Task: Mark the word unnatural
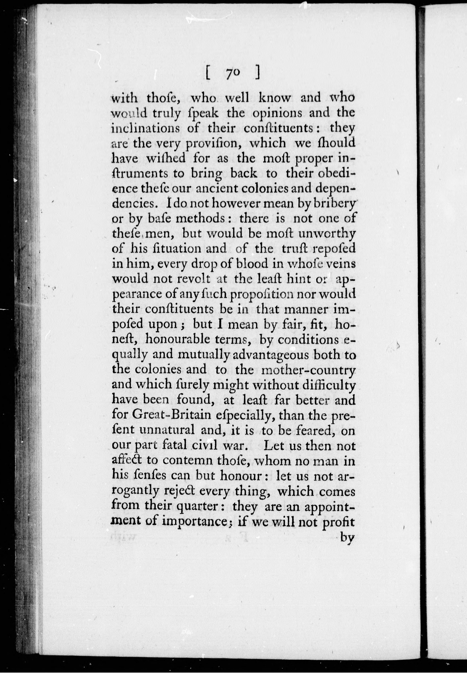(167, 430)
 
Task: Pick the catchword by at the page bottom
(348, 538)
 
